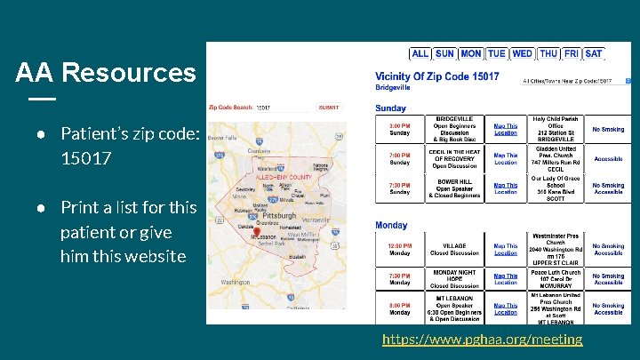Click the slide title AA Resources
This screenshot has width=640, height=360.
[105, 72]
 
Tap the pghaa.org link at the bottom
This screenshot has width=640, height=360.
[483, 339]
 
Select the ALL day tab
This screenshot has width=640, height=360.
[420, 53]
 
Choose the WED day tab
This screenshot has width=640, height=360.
[523, 53]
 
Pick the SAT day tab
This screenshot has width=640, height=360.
[594, 53]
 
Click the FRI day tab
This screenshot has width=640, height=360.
[571, 53]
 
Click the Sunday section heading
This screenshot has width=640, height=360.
[391, 108]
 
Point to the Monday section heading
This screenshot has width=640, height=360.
[391, 225]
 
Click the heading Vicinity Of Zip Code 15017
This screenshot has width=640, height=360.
[437, 77]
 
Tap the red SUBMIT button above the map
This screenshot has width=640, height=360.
[329, 107]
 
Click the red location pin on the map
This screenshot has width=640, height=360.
[257, 232]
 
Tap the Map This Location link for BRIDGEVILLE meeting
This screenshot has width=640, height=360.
[506, 130]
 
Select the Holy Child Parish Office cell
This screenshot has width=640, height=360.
[555, 130]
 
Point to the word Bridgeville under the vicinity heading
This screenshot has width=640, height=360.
[393, 89]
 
